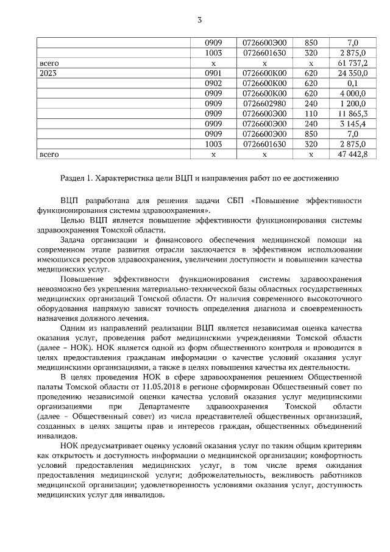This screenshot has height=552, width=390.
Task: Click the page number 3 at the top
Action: point(199,22)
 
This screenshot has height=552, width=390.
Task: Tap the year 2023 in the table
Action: point(48,73)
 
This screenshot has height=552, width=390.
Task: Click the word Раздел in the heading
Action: point(73,178)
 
